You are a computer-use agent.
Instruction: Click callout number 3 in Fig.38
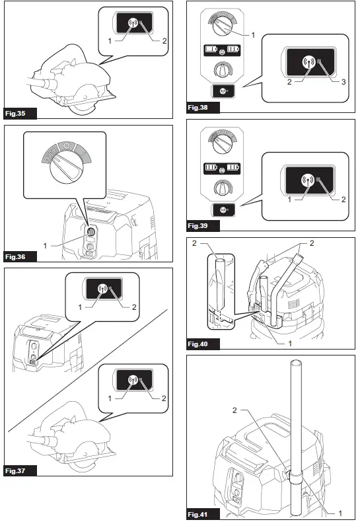343,84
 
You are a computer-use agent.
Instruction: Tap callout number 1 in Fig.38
252,34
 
